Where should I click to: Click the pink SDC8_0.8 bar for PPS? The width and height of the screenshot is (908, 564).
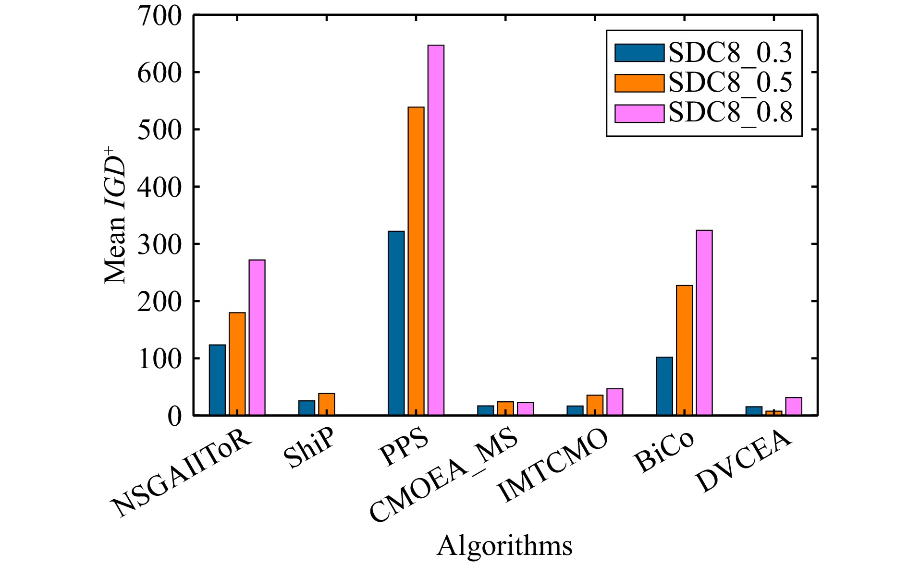point(436,230)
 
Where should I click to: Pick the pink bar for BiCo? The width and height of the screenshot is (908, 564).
point(704,323)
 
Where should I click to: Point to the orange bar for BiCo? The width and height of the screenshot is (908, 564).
point(685,350)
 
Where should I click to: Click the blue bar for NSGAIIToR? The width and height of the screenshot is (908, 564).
point(217,380)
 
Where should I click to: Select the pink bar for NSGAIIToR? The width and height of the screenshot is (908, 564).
point(257,337)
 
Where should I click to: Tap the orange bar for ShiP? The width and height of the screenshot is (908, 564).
point(327,404)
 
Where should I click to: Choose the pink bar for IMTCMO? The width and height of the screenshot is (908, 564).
point(615,402)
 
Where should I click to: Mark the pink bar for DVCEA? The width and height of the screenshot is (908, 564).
point(794,406)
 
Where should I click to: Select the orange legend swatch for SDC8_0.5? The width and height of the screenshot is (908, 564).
point(639,83)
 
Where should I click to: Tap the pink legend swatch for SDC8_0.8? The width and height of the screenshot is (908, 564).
point(639,113)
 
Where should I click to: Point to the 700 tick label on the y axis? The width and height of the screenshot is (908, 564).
point(160,16)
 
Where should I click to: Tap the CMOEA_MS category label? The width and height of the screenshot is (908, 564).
point(444,478)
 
